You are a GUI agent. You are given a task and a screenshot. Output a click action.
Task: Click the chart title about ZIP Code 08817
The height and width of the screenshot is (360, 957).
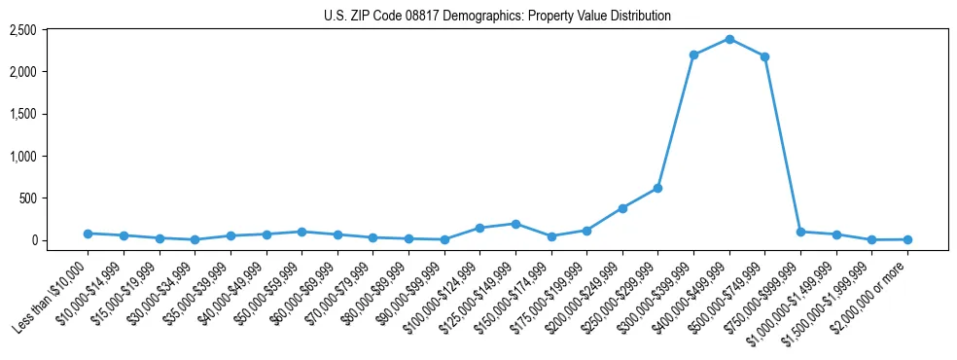click(x=497, y=17)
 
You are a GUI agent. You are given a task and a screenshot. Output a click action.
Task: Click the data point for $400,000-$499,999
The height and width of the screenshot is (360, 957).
click(x=729, y=39)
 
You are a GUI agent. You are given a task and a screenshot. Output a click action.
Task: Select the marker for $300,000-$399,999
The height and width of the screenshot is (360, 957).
click(x=693, y=54)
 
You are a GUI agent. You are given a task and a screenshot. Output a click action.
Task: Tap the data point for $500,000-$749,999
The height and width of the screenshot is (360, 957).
click(x=764, y=56)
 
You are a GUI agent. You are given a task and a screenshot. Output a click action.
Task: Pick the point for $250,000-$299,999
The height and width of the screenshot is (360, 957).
click(x=657, y=188)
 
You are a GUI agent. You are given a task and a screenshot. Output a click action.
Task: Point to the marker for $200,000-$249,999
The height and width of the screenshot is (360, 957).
click(x=622, y=208)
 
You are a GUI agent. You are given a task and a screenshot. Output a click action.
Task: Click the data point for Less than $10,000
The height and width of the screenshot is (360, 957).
click(x=88, y=234)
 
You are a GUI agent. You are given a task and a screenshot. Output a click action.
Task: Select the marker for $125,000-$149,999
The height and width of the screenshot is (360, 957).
click(x=515, y=224)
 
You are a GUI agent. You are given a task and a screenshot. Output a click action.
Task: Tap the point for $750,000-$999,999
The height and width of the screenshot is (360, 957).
click(x=800, y=232)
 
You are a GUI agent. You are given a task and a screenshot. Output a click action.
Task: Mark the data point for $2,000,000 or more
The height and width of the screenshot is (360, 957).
click(x=907, y=239)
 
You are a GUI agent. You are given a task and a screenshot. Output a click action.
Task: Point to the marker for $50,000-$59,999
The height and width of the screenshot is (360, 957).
click(x=301, y=232)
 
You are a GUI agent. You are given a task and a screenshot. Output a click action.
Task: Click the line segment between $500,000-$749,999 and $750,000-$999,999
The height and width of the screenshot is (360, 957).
click(x=783, y=144)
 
